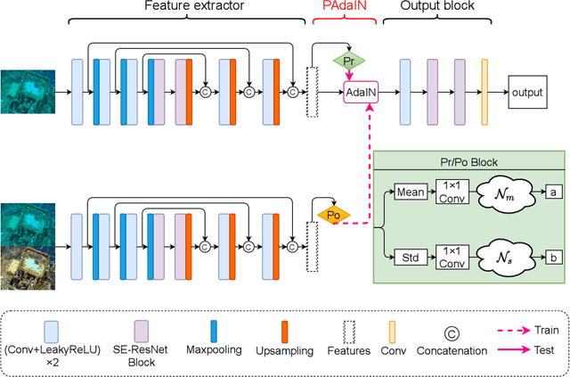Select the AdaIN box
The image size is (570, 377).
[x=361, y=91]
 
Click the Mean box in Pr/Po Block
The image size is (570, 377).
[x=408, y=191]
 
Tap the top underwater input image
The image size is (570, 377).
[x=27, y=91]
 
